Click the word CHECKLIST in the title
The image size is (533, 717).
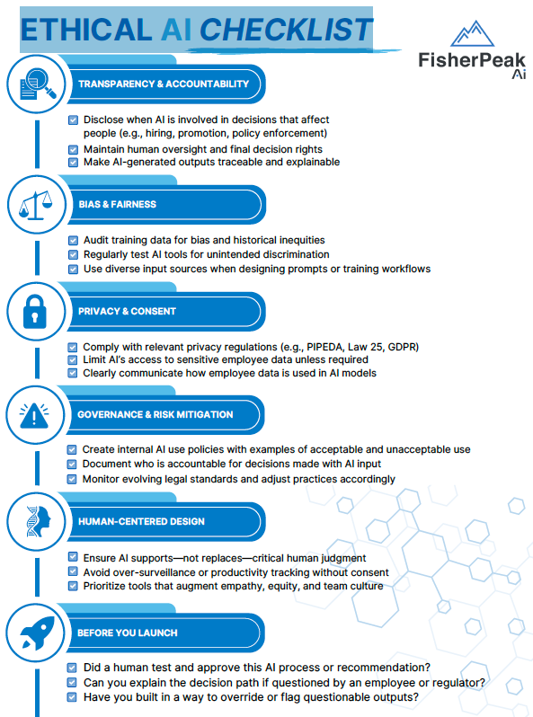pyautogui.click(x=285, y=30)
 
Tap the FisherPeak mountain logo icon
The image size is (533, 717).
pyautogui.click(x=474, y=36)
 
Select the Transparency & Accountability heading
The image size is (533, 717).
pyautogui.click(x=164, y=84)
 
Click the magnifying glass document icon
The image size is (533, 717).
pyautogui.click(x=34, y=84)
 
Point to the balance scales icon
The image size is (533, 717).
pyautogui.click(x=34, y=205)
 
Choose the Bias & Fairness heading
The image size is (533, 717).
pyautogui.click(x=117, y=204)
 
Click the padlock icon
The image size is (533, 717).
pyautogui.click(x=34, y=311)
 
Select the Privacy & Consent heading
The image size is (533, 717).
pyautogui.click(x=127, y=311)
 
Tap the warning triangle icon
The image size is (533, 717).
pyautogui.click(x=34, y=415)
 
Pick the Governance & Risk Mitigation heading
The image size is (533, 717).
pyautogui.click(x=155, y=414)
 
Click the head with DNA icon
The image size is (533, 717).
pyautogui.click(x=34, y=521)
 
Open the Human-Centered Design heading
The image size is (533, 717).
pyautogui.click(x=141, y=521)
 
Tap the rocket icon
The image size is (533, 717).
pyautogui.click(x=34, y=633)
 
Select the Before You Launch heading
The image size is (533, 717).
pyautogui.click(x=127, y=633)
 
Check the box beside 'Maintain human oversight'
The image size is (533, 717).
pyautogui.click(x=73, y=149)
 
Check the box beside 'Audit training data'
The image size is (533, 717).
pyautogui.click(x=73, y=241)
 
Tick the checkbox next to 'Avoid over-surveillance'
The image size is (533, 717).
pyautogui.click(x=73, y=572)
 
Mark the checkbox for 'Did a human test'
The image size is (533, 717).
pyautogui.click(x=73, y=668)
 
